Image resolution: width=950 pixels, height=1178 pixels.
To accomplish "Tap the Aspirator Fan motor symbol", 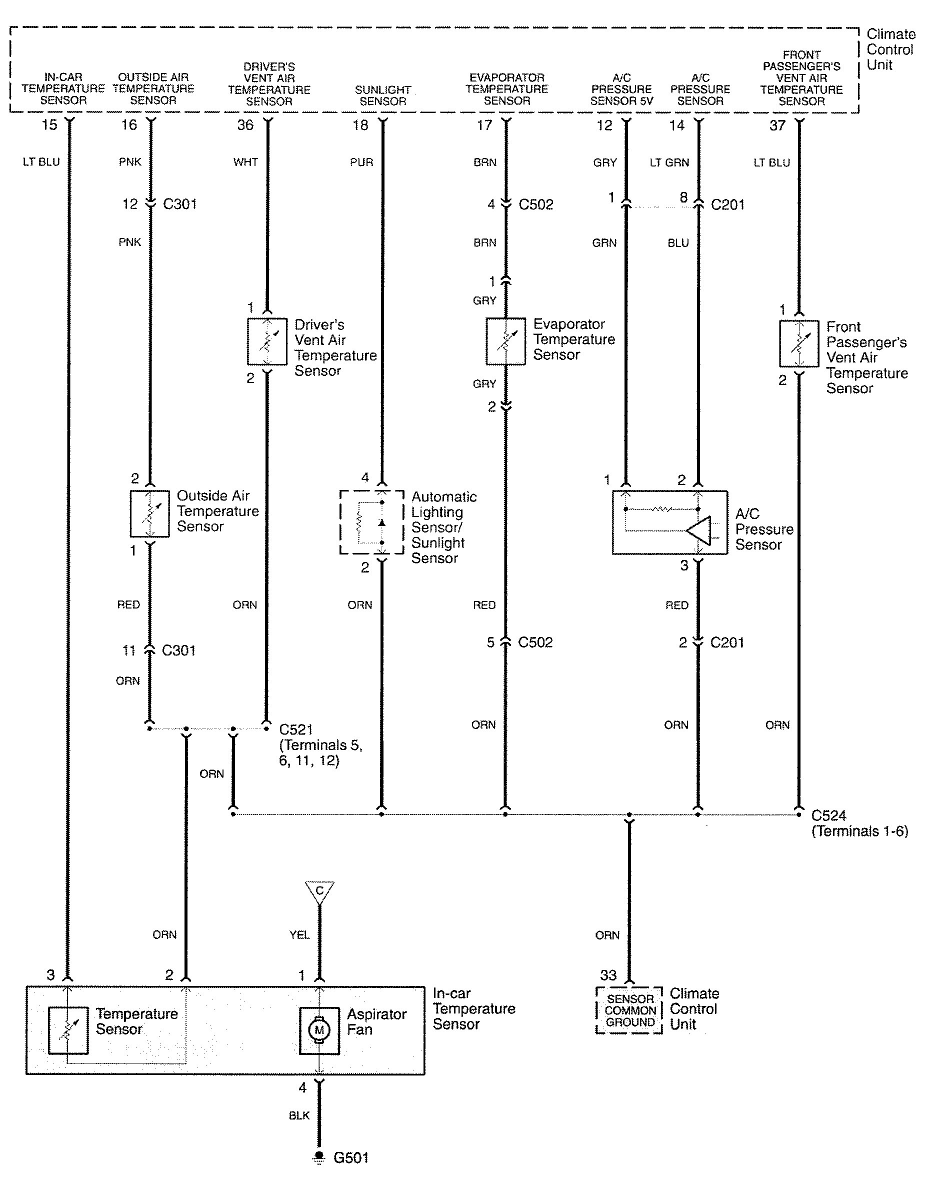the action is tap(319, 1031).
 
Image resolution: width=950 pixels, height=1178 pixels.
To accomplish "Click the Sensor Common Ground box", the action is tap(629, 1010).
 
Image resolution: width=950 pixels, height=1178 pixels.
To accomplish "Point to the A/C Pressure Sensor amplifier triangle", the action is tap(699, 530).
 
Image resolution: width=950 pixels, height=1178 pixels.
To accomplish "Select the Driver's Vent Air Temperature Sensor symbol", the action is tap(267, 341).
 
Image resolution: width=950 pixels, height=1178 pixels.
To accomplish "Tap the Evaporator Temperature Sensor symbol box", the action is tap(505, 341).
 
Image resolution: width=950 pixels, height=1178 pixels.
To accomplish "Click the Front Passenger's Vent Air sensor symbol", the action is tap(799, 343).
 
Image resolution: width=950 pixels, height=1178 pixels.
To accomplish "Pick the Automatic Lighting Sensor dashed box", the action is tap(372, 522).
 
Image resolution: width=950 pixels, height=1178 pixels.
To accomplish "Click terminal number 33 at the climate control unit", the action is tap(608, 975).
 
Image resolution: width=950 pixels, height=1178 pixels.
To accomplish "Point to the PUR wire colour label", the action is tap(361, 162).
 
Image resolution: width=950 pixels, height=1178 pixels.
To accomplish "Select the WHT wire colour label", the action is tap(245, 162).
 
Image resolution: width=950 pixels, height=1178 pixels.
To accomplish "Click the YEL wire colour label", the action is tap(299, 935).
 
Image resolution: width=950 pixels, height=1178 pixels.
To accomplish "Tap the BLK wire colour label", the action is tap(299, 1115).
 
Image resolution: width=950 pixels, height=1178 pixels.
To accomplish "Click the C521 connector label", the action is tap(296, 730).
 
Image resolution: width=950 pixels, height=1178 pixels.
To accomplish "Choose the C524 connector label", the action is tap(828, 816).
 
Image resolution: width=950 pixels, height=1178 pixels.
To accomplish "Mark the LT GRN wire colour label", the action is tap(669, 162).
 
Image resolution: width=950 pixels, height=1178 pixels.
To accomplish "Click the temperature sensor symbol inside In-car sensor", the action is tap(68, 1030).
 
